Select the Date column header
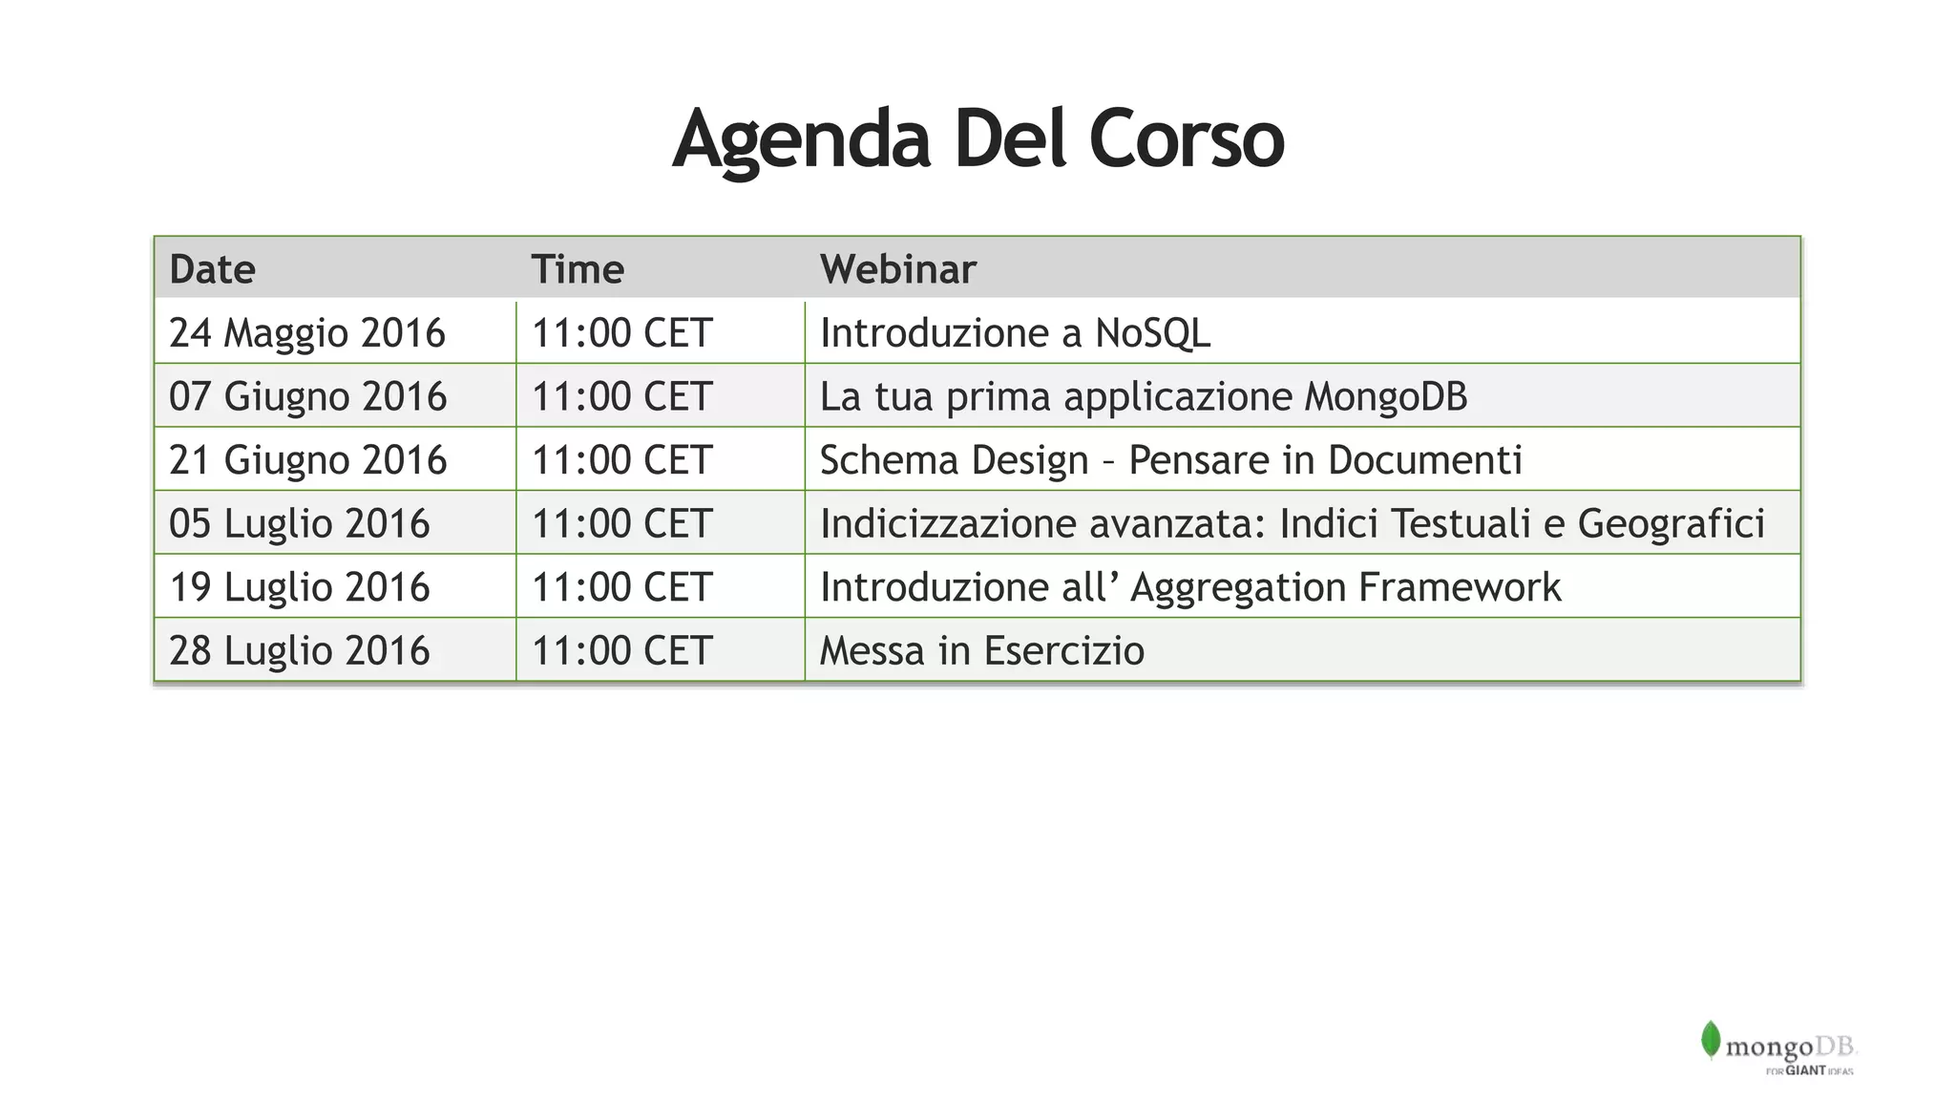pyautogui.click(x=212, y=269)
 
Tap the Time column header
pyautogui.click(x=578, y=269)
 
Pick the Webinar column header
pyautogui.click(x=897, y=269)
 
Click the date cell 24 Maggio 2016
pyautogui.click(x=306, y=333)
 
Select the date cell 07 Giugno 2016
pyautogui.click(x=307, y=396)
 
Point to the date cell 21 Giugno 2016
pyautogui.click(x=307, y=460)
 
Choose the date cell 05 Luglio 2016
pyautogui.click(x=299, y=523)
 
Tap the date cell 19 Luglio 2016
pyautogui.click(x=299, y=587)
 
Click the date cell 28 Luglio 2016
pyautogui.click(x=299, y=650)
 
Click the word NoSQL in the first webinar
pyautogui.click(x=1152, y=333)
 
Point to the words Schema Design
pyautogui.click(x=954, y=460)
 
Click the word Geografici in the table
pyautogui.click(x=1671, y=523)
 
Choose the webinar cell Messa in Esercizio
pyautogui.click(x=981, y=650)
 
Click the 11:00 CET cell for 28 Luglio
pyautogui.click(x=621, y=650)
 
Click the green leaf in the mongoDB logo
pyautogui.click(x=1710, y=1040)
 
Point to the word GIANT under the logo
pyautogui.click(x=1805, y=1070)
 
